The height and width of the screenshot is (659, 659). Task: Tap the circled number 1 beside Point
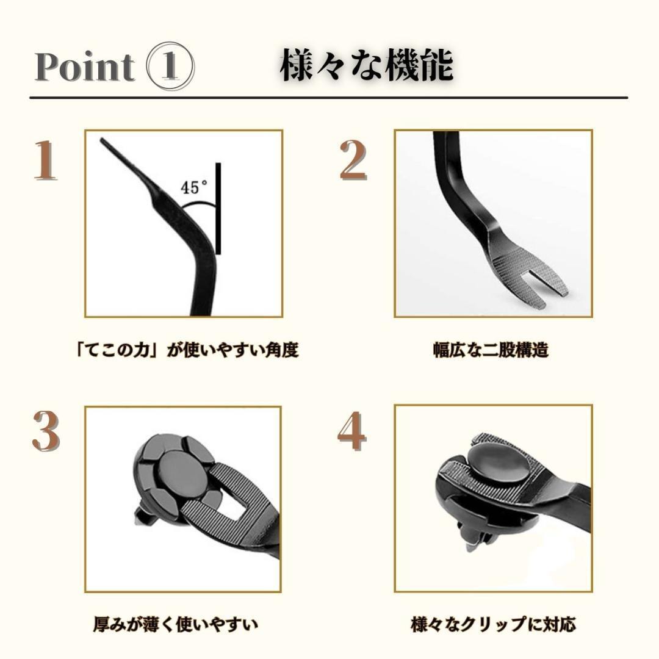point(171,67)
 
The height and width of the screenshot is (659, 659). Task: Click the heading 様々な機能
point(366,67)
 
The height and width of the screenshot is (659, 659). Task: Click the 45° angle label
point(195,187)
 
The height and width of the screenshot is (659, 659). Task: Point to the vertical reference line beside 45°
point(217,207)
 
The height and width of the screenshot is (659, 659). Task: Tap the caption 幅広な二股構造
point(491,350)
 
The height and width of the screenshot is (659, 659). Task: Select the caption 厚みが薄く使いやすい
point(175,624)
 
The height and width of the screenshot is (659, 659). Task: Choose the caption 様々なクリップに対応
point(493,624)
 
